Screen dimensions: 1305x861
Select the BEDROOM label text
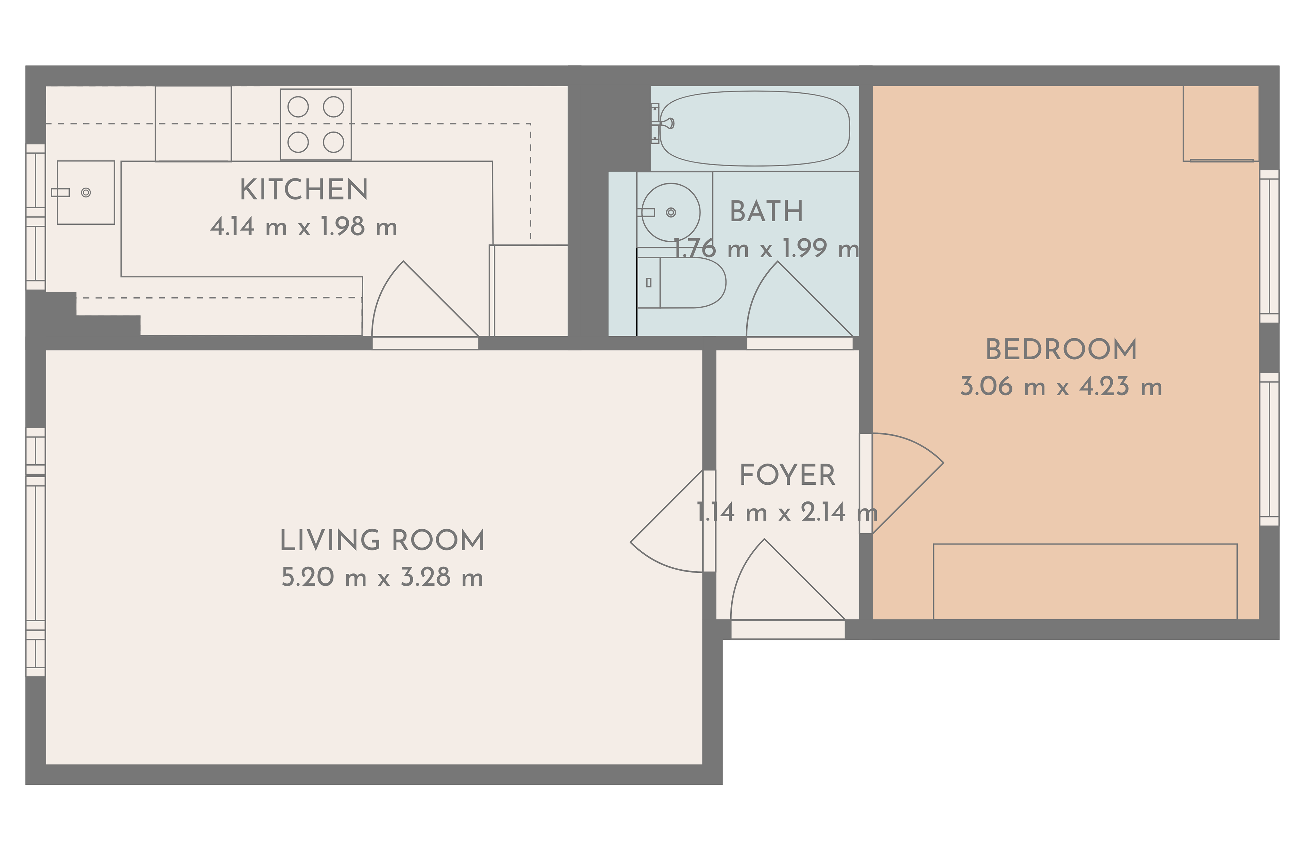point(1061,350)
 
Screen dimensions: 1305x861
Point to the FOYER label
point(787,476)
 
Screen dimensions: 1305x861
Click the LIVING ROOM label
point(382,541)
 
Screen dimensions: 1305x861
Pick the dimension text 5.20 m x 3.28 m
point(382,578)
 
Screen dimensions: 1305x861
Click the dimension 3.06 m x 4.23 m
point(1061,386)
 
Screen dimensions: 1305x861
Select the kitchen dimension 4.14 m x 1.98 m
point(303,227)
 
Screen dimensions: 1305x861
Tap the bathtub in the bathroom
point(755,128)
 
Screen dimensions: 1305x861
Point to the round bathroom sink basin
point(671,212)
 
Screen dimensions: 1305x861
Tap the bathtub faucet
point(663,123)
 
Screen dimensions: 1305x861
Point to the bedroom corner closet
point(1220,123)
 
